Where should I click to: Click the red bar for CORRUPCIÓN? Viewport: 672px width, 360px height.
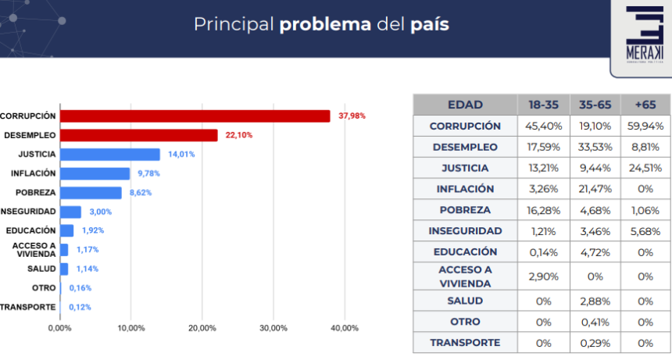(195, 116)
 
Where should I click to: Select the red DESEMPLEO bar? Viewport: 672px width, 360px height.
(139, 135)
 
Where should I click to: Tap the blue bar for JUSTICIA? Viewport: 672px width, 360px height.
(110, 154)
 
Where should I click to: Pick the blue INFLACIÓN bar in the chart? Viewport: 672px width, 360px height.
(95, 173)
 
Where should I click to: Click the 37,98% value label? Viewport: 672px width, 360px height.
(352, 116)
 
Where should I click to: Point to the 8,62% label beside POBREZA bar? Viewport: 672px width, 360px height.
(141, 192)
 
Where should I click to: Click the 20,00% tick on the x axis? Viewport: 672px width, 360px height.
(202, 328)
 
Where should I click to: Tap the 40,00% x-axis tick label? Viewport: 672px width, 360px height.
(345, 328)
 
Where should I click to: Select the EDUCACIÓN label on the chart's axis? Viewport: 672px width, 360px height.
(30, 230)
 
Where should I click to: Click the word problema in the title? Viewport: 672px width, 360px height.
(325, 24)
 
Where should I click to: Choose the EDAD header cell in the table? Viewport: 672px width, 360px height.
(465, 105)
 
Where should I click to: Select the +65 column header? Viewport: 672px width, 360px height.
(645, 105)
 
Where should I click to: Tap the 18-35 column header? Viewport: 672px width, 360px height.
(542, 105)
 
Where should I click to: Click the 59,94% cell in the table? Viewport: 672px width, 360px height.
(645, 126)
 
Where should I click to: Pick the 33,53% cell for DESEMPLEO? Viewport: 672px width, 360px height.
(595, 147)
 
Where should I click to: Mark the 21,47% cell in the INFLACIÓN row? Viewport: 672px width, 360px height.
(595, 189)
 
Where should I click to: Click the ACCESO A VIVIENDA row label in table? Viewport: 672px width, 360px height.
(465, 276)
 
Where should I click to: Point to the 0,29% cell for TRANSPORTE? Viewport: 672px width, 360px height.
(595, 343)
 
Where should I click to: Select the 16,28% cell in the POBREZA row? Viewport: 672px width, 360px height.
(542, 210)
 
